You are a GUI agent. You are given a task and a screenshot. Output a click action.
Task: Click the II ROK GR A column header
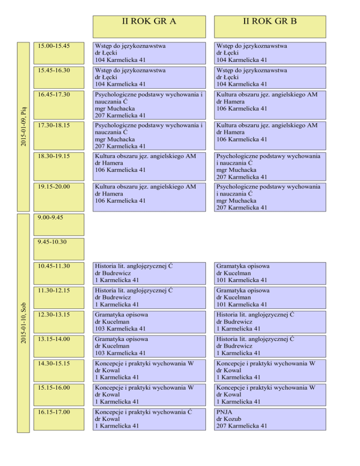(149, 27)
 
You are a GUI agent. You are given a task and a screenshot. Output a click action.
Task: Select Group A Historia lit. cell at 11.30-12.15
(149, 297)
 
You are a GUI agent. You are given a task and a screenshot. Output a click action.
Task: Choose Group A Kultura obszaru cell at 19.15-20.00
(149, 197)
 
